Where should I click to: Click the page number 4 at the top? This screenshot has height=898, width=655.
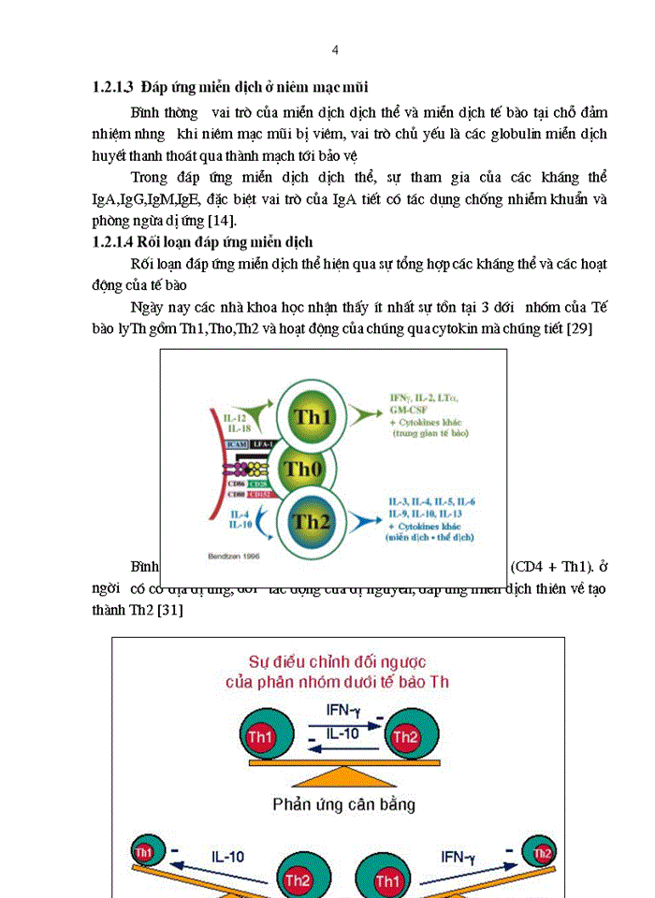(336, 50)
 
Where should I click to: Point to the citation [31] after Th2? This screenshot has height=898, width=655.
(169, 610)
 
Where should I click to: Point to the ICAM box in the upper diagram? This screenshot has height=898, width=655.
(236, 443)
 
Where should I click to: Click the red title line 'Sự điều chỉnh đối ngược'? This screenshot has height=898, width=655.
(338, 662)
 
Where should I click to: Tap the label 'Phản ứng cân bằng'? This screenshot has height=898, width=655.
(344, 804)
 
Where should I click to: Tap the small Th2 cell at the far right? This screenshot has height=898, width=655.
(542, 853)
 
